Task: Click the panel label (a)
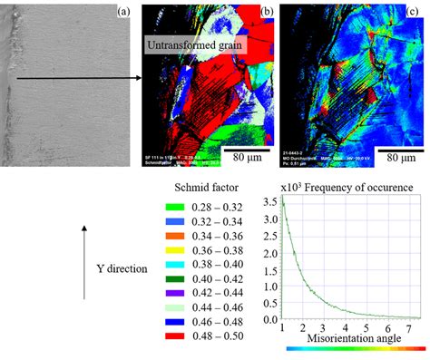[126, 10]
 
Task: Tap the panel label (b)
[267, 10]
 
